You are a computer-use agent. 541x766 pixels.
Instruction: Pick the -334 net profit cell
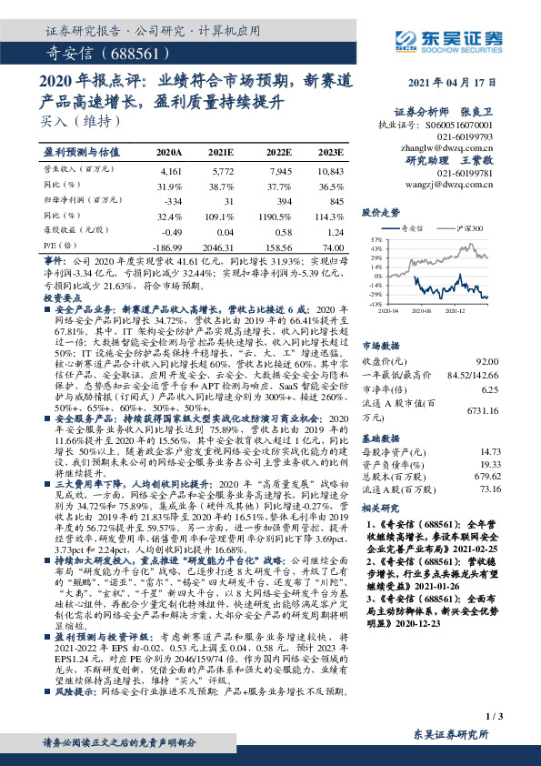point(171,200)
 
